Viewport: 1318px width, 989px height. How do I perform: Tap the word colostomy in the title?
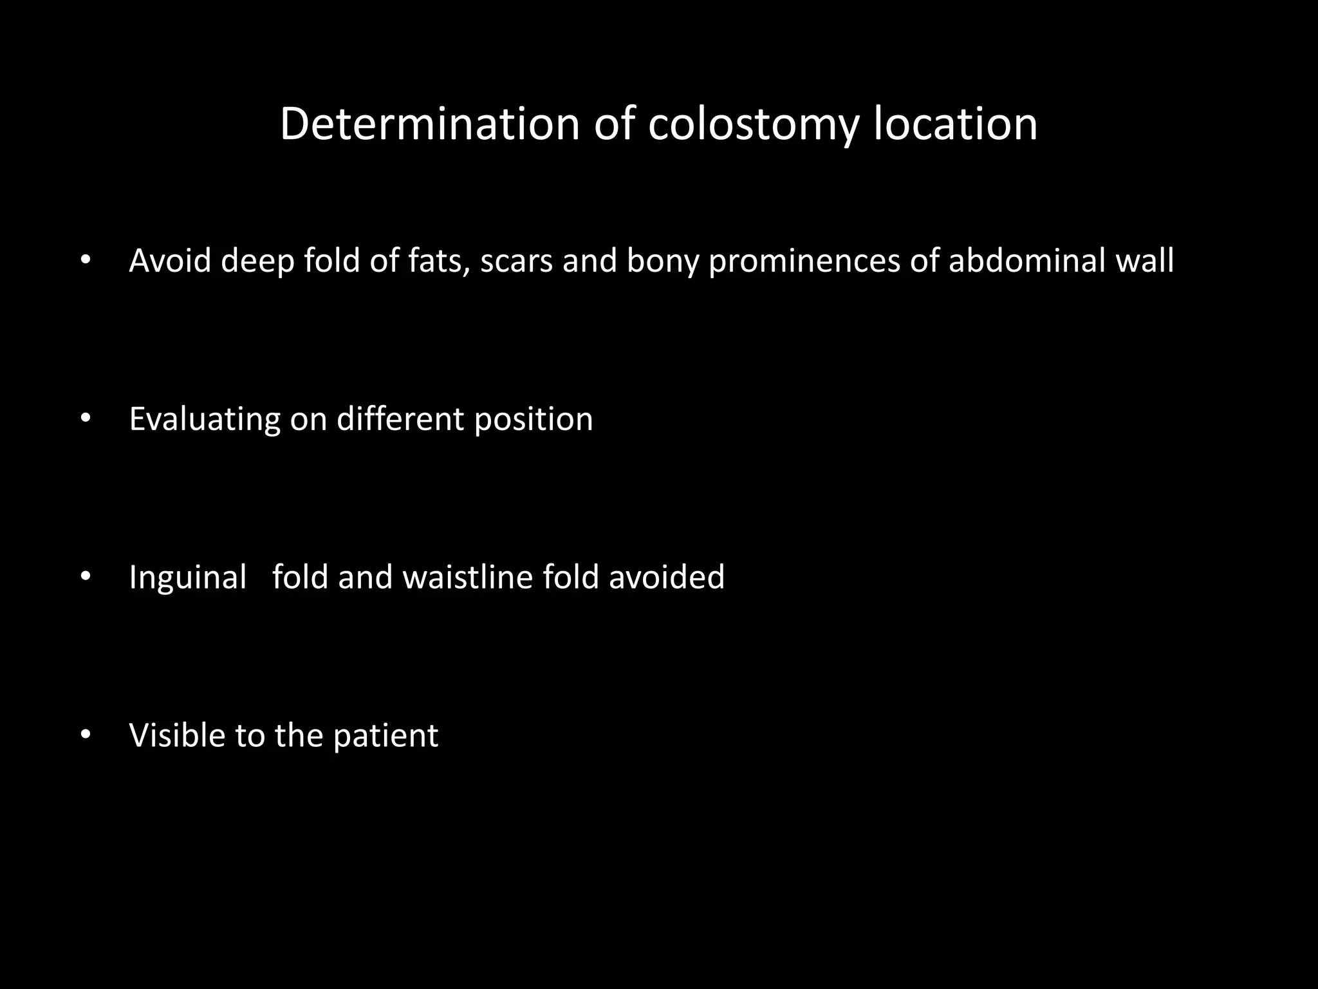pyautogui.click(x=754, y=125)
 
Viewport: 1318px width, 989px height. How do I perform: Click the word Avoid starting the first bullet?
pyautogui.click(x=170, y=261)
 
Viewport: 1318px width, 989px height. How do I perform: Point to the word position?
pyautogui.click(x=534, y=420)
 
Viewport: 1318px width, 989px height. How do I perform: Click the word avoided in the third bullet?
pyautogui.click(x=667, y=576)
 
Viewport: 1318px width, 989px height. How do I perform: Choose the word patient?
pyautogui.click(x=385, y=736)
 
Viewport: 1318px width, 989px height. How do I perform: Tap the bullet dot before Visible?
pyautogui.click(x=86, y=735)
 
